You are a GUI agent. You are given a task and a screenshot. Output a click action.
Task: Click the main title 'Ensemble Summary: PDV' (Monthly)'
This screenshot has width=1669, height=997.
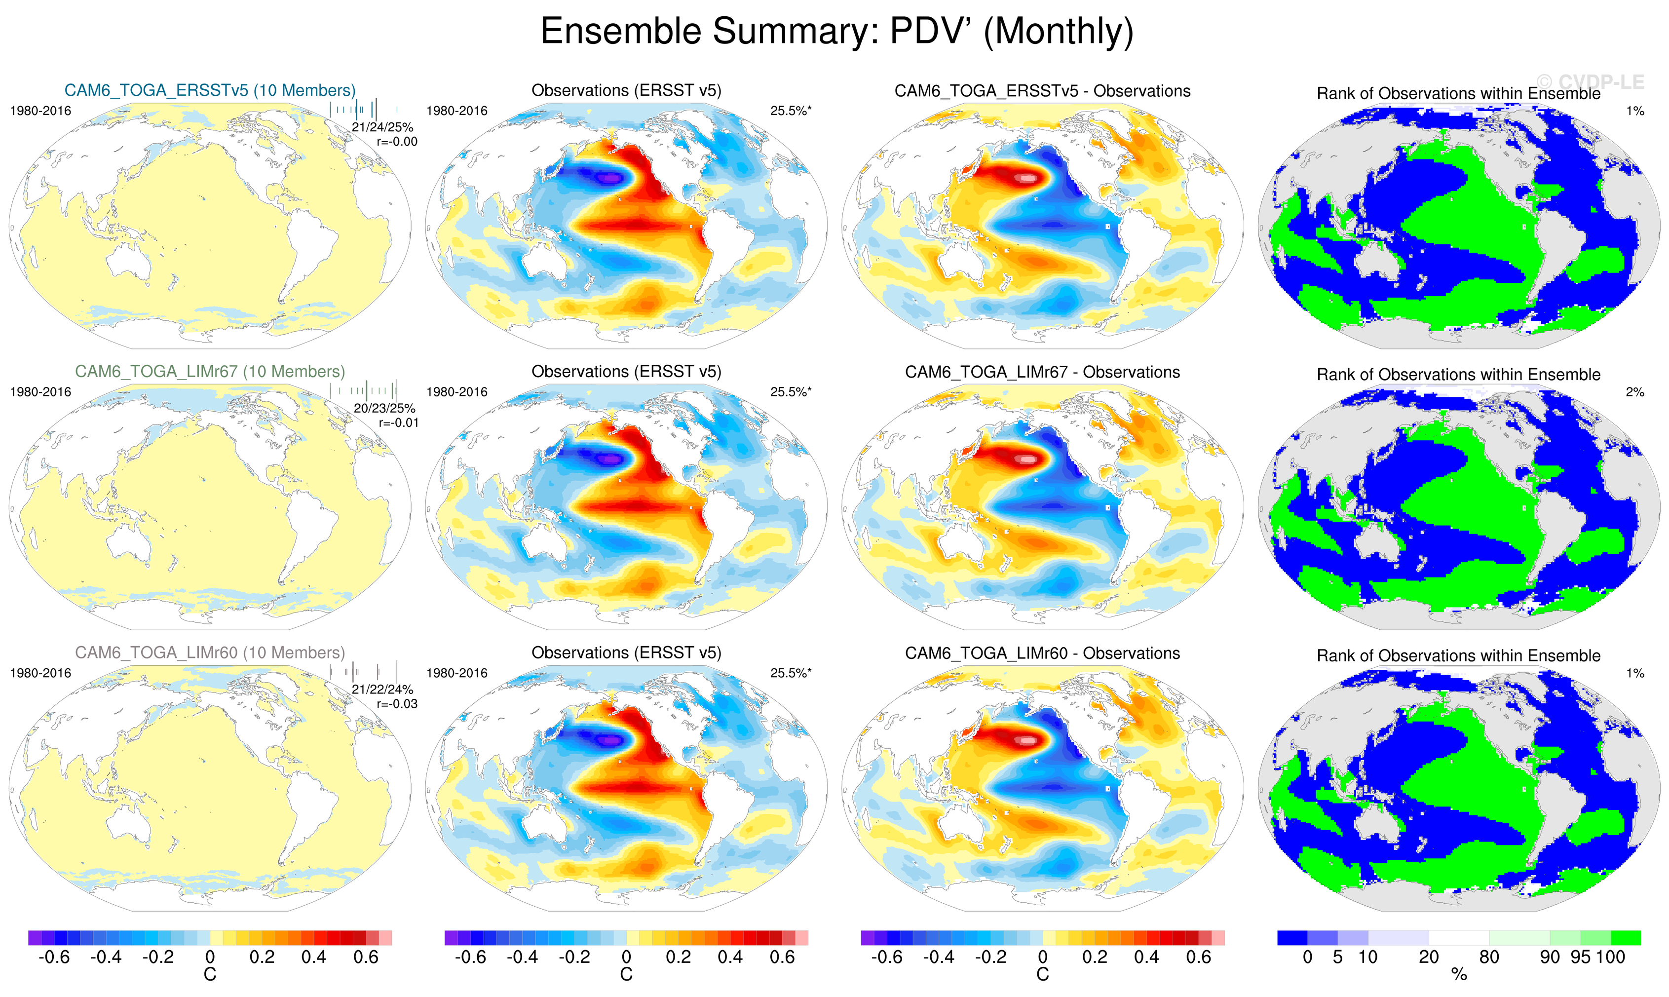tap(836, 32)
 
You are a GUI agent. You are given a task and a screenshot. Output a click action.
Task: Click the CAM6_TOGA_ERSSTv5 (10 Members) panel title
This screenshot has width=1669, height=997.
tap(210, 91)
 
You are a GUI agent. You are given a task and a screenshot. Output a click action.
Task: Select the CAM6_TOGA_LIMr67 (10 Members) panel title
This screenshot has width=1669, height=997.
tap(210, 372)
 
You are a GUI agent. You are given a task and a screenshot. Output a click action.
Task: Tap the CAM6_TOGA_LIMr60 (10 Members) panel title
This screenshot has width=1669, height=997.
tap(210, 652)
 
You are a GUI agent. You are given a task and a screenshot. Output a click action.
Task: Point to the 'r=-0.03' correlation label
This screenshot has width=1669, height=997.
tap(397, 704)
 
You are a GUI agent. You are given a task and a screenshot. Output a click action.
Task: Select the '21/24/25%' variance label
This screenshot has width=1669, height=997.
tap(382, 127)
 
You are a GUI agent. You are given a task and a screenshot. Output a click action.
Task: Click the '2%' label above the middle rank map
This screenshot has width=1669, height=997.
tap(1635, 392)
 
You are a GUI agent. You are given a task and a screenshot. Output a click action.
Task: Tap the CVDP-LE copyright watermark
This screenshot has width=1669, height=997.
tap(1591, 82)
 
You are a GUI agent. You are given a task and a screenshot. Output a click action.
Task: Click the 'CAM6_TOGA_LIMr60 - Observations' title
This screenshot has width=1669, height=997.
tap(1042, 653)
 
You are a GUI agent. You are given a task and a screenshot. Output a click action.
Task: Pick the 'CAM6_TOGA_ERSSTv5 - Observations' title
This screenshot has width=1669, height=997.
tap(1042, 91)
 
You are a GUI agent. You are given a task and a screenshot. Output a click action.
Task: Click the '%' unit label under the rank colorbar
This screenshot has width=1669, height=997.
tap(1459, 975)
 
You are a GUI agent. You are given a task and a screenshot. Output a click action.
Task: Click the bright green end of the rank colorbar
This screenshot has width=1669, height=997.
tap(1626, 938)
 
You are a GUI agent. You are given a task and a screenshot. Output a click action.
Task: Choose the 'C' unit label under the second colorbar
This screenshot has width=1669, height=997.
tap(626, 975)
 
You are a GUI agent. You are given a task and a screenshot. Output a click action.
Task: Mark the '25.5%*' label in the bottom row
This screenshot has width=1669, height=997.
tap(791, 673)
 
